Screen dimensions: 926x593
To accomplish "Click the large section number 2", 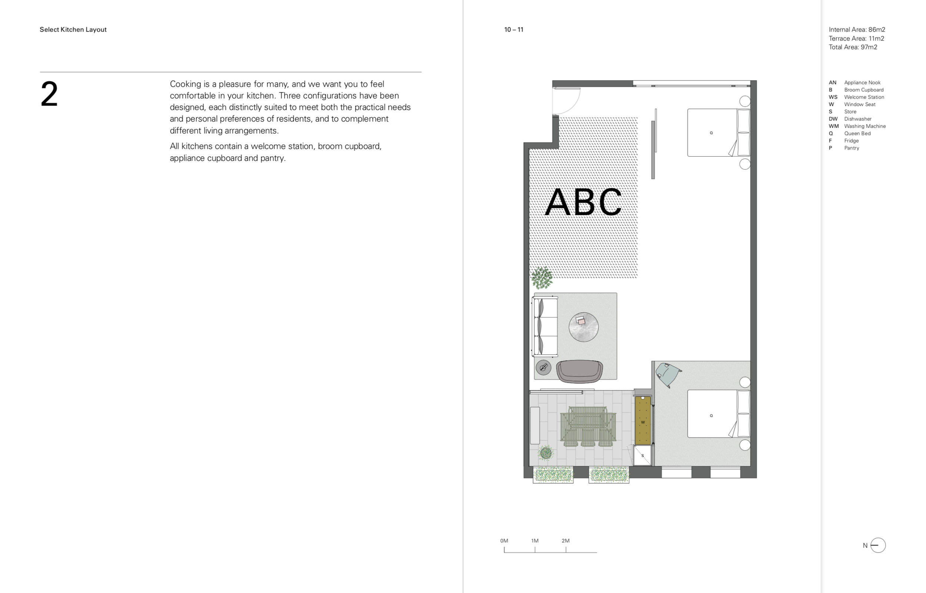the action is [x=49, y=94].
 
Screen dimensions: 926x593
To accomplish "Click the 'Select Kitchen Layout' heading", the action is [x=73, y=30].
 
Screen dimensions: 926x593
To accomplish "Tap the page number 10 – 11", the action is [x=514, y=30].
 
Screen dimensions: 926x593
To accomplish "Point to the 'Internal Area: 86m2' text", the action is [x=857, y=30].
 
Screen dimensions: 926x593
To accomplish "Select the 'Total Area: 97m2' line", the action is [x=853, y=47].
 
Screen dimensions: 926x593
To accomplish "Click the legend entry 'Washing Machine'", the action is [x=865, y=126].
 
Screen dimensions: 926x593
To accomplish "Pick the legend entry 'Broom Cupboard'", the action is [x=864, y=90].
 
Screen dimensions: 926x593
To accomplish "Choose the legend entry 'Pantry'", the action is [x=852, y=148].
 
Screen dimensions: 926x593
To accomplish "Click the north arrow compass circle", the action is [x=878, y=545].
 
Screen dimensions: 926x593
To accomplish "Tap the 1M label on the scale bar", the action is [x=534, y=541].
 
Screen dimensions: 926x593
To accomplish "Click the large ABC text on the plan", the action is [x=583, y=202].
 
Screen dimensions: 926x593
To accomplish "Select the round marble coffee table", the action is [x=583, y=327].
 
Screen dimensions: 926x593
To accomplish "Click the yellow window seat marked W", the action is [x=643, y=420].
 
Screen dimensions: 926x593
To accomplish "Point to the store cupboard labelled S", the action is [x=643, y=455].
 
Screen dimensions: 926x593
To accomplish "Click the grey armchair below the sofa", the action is [x=580, y=371].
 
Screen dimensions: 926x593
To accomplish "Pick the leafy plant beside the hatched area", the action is [x=542, y=278].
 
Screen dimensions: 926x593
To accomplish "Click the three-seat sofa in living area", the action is [x=544, y=326].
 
